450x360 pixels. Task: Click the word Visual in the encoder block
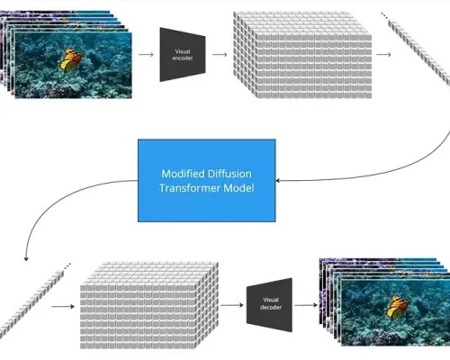[183, 51]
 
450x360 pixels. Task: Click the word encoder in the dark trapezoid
[183, 58]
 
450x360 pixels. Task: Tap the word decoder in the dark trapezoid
[271, 308]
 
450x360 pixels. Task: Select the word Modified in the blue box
[183, 174]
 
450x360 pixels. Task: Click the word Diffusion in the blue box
[229, 174]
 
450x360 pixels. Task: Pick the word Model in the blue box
[238, 188]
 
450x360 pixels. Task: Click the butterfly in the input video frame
[71, 59]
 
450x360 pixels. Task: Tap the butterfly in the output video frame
[398, 307]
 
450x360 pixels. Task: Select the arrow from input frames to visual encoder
[146, 55]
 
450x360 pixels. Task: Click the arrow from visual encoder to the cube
[220, 55]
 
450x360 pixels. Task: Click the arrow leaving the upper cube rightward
[383, 55]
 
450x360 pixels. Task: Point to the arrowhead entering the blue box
[277, 181]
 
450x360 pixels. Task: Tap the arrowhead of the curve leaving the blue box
[26, 259]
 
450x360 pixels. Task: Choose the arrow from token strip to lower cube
[63, 306]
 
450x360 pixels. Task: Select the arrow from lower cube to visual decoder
[232, 305]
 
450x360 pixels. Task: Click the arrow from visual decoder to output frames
[306, 305]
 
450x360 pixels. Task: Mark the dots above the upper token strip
[384, 15]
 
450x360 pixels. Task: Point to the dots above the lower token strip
[67, 265]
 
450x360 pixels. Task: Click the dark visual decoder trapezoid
[269, 305]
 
